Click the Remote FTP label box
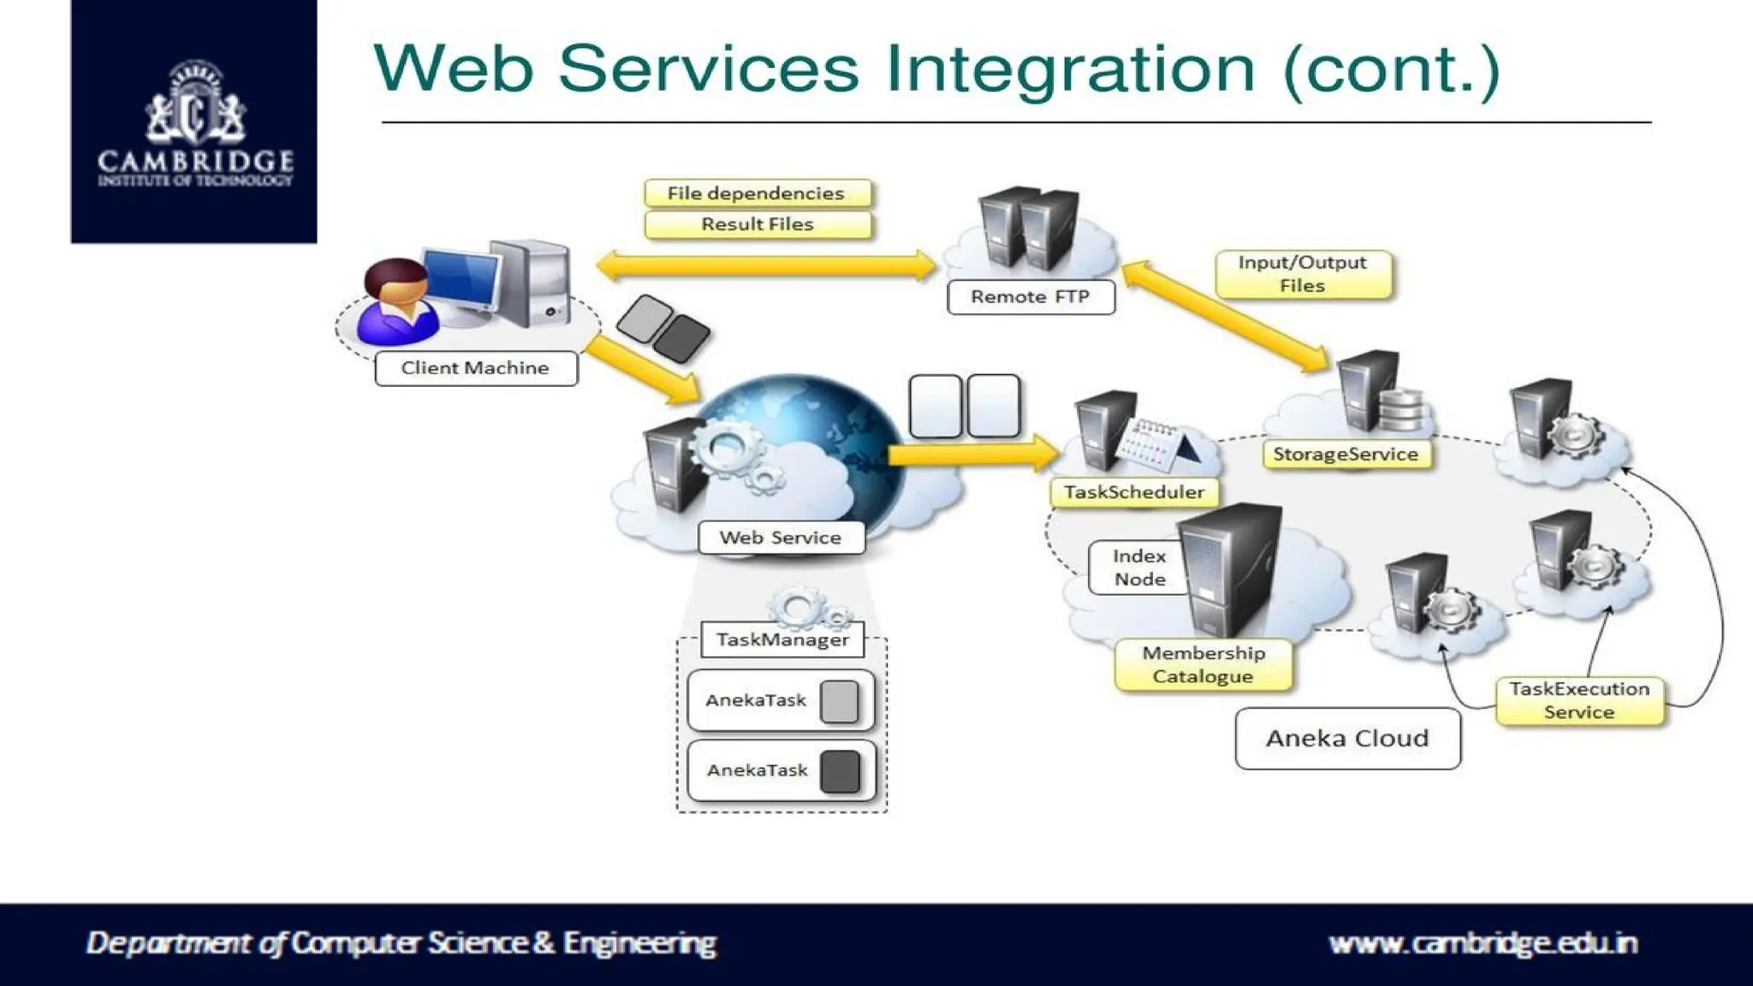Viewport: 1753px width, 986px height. click(x=1031, y=297)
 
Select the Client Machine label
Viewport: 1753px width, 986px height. click(x=476, y=368)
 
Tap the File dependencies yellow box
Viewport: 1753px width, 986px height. click(x=757, y=193)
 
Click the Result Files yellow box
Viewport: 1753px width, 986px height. click(x=757, y=224)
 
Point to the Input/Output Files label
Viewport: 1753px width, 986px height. click(x=1302, y=274)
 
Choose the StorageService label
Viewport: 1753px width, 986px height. click(x=1346, y=454)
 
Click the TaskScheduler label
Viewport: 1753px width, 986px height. click(x=1134, y=492)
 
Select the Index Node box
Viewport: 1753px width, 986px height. click(x=1138, y=567)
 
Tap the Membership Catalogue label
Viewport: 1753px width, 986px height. click(x=1203, y=665)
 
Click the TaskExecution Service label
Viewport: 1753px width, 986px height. click(x=1579, y=700)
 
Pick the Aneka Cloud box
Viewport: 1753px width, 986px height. click(x=1347, y=738)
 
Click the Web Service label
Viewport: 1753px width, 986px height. click(x=781, y=538)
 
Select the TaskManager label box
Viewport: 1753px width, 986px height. click(x=782, y=639)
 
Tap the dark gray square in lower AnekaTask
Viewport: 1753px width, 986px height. click(x=840, y=771)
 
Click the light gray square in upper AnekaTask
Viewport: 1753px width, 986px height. click(x=839, y=701)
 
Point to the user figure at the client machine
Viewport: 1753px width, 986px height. click(x=395, y=304)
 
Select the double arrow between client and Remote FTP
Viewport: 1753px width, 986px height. click(x=766, y=266)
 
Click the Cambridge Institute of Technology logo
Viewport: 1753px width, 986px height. click(x=194, y=122)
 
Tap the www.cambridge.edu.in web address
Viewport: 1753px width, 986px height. click(x=1483, y=943)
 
